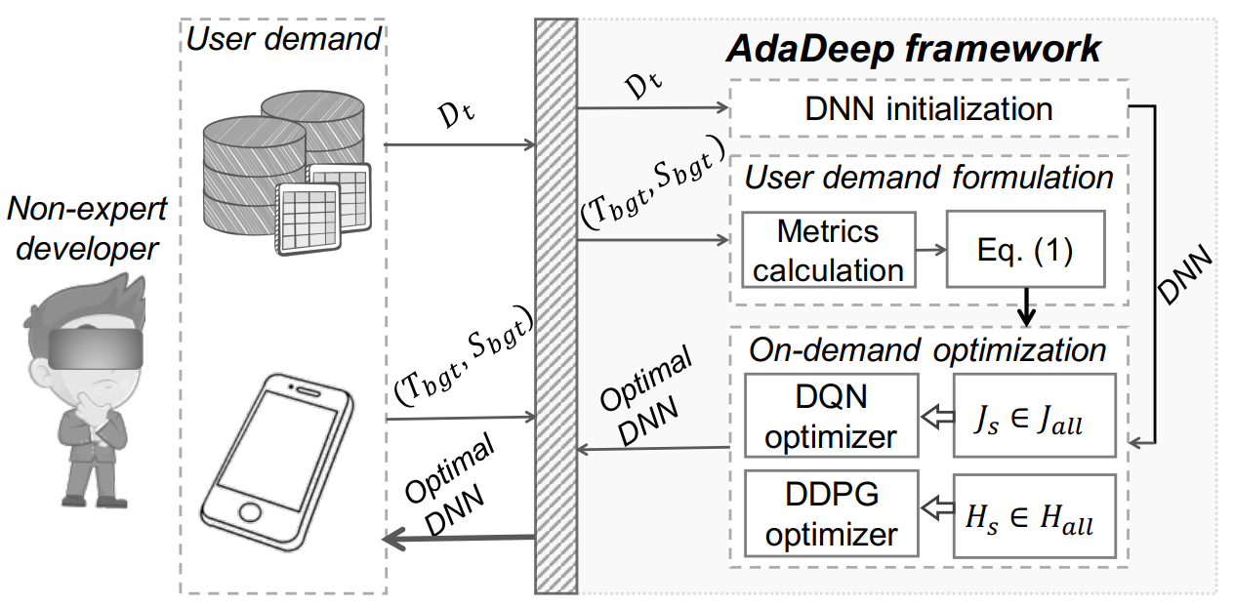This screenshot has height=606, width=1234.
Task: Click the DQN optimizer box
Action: [x=831, y=415]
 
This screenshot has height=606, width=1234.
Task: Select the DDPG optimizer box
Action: [x=831, y=513]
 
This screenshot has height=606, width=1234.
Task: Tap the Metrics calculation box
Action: [x=828, y=250]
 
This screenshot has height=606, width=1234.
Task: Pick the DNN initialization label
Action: [x=928, y=107]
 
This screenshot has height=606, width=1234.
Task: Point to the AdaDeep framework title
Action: [x=915, y=48]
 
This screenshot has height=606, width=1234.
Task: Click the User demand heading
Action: [x=283, y=39]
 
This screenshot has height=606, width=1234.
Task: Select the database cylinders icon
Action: [x=283, y=171]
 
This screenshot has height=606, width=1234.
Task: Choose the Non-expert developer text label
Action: [x=86, y=228]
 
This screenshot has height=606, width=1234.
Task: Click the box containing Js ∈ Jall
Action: [x=1034, y=416]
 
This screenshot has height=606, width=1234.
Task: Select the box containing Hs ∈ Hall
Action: [x=1034, y=515]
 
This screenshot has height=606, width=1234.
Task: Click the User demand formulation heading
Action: [x=928, y=178]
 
